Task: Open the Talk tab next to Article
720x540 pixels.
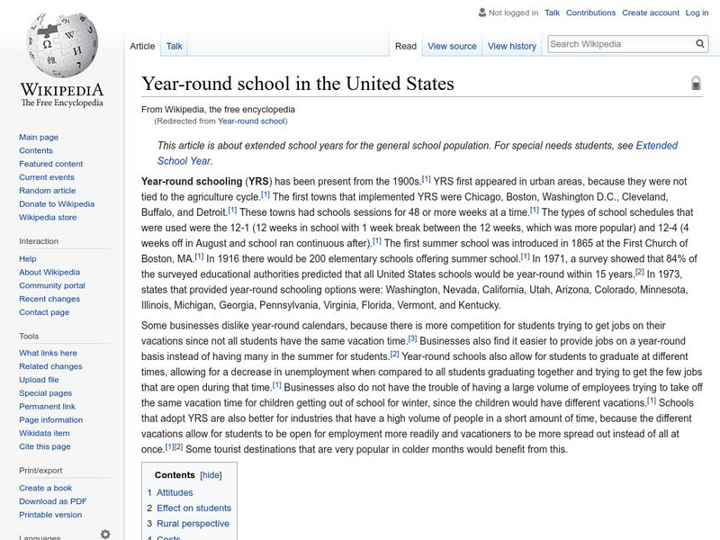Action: [x=175, y=46]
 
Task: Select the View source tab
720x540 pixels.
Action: [x=452, y=46]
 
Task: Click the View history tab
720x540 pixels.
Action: [x=511, y=46]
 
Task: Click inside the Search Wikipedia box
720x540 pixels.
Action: [x=619, y=43]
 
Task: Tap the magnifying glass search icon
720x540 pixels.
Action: [x=701, y=43]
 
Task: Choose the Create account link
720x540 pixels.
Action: [x=651, y=13]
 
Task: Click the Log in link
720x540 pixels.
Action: [x=697, y=13]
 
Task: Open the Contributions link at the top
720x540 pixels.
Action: [x=590, y=13]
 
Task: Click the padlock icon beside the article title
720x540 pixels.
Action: [x=696, y=84]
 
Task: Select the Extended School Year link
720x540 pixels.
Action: [x=657, y=145]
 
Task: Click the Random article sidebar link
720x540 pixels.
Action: [x=48, y=191]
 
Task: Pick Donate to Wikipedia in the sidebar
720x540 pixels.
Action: [x=57, y=204]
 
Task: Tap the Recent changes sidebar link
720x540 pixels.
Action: [x=49, y=299]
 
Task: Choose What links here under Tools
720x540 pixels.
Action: [x=49, y=353]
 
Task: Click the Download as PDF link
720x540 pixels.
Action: [x=53, y=501]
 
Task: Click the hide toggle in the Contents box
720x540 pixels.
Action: [x=211, y=475]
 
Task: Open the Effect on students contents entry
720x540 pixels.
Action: [x=193, y=508]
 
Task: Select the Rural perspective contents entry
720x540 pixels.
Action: [x=193, y=524]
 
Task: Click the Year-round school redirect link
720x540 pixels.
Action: [x=252, y=121]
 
